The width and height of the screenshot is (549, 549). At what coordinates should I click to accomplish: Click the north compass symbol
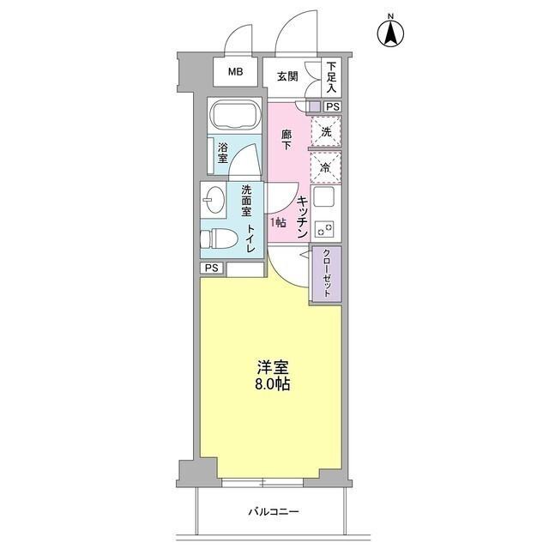click(391, 33)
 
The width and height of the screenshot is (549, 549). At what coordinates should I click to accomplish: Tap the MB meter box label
click(235, 72)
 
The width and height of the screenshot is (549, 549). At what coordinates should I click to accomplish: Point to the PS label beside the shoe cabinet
click(333, 107)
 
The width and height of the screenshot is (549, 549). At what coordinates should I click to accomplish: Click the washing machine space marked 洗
click(326, 132)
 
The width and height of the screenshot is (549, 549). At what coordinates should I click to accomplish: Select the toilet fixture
click(220, 238)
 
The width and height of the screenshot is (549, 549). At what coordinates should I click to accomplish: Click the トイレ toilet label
click(250, 238)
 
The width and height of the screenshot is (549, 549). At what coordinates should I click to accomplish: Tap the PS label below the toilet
click(213, 268)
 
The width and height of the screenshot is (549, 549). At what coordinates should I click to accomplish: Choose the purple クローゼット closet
click(326, 272)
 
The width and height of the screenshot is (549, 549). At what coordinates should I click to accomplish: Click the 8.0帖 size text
click(272, 384)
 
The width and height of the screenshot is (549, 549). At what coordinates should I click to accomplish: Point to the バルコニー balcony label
click(274, 512)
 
